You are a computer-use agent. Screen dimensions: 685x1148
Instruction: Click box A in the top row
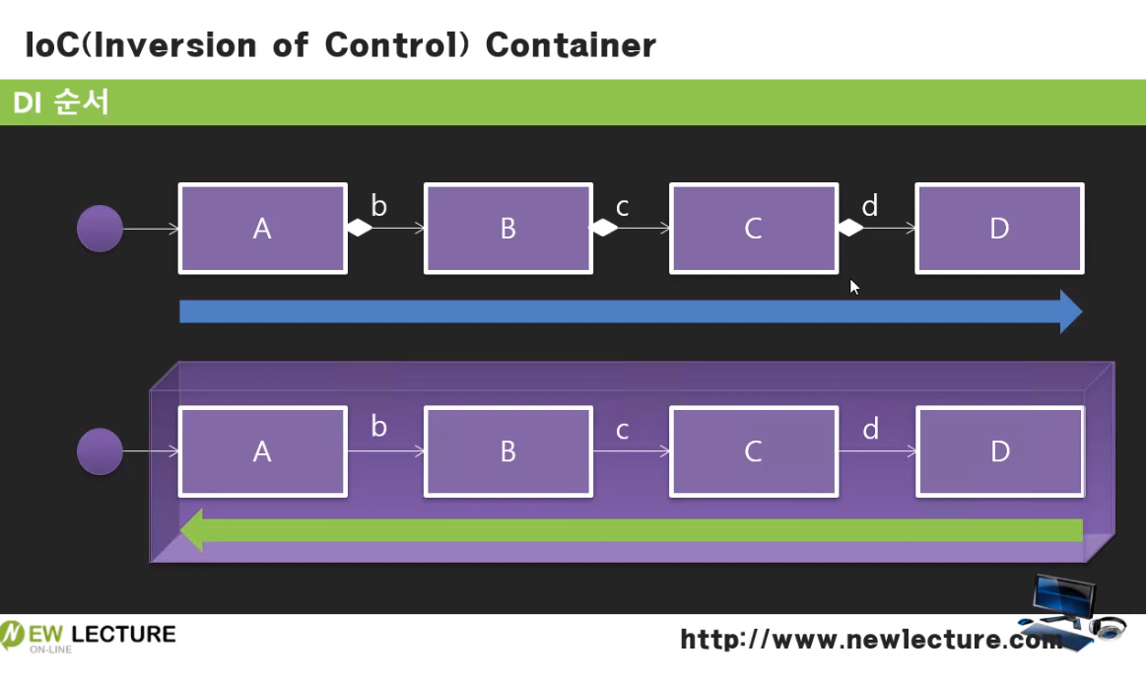coord(262,229)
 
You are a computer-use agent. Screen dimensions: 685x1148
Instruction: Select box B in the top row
coord(507,229)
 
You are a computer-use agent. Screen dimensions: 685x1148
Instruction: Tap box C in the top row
coord(753,229)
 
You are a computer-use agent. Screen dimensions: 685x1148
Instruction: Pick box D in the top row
coord(999,229)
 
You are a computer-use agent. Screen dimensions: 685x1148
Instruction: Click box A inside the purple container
coord(262,451)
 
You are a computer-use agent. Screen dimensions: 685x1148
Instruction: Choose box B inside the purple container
coord(507,451)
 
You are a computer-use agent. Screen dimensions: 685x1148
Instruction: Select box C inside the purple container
coord(753,451)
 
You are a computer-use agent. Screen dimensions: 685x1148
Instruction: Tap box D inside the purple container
coord(999,451)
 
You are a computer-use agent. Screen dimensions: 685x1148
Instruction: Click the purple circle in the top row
coord(100,229)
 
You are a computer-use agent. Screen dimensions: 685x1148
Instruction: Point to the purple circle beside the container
coord(100,451)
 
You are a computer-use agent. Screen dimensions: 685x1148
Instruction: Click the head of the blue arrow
coord(1070,311)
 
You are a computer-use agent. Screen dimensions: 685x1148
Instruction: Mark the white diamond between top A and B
coord(359,229)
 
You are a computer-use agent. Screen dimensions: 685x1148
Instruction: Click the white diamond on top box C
coord(849,229)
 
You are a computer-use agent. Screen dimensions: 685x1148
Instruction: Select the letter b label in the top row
coord(378,206)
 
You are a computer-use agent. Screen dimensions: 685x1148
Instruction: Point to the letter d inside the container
coord(870,429)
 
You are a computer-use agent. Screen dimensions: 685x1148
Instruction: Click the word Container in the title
coord(571,44)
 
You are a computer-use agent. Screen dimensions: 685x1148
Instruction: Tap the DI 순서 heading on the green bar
coord(60,103)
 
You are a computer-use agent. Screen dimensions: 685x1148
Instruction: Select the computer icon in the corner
coord(1070,611)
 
